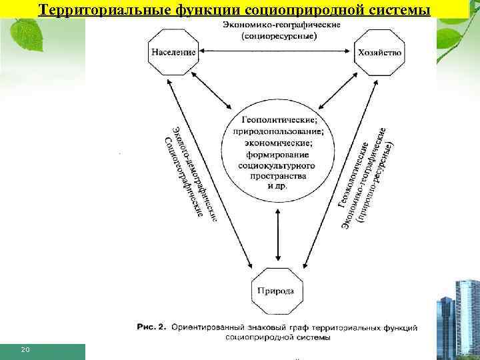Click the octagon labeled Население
pos(173,52)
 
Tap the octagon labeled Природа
pos(277,291)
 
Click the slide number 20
pos(26,349)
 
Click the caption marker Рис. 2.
pos(153,327)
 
